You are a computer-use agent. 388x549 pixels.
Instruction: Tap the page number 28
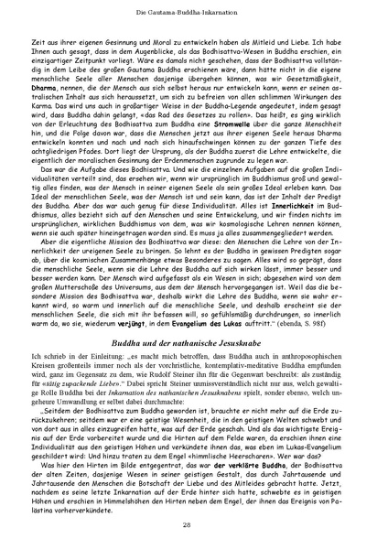coord(194,523)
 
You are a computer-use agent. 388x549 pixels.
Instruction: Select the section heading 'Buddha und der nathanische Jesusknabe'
coord(194,314)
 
